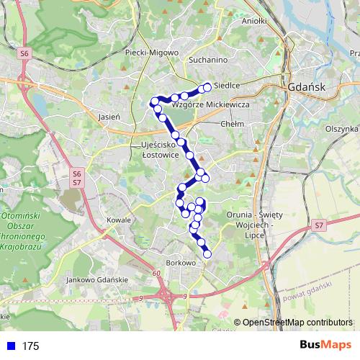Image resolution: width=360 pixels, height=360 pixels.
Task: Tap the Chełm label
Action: [235, 124]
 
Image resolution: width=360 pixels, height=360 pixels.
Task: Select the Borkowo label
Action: [181, 263]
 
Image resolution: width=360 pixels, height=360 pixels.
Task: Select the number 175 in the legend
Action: [30, 346]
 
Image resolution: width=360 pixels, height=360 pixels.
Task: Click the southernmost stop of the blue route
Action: [207, 253]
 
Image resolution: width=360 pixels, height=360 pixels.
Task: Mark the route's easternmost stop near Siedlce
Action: [207, 87]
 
